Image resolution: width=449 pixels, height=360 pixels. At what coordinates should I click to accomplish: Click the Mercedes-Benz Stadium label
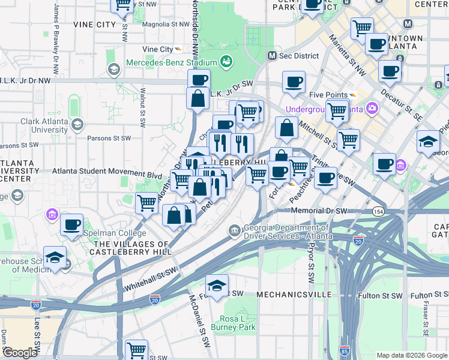pyautogui.click(x=171, y=63)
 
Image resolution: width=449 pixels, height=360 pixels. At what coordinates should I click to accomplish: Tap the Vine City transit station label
pyautogui.click(x=158, y=49)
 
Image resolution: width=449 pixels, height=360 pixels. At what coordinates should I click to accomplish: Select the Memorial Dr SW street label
pyautogui.click(x=319, y=211)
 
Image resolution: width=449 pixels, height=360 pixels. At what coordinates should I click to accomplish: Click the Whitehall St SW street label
pyautogui.click(x=151, y=280)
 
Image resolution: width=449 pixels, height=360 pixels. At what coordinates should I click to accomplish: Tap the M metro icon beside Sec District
pyautogui.click(x=272, y=56)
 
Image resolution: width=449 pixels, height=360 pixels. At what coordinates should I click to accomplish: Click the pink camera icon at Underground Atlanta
pyautogui.click(x=372, y=109)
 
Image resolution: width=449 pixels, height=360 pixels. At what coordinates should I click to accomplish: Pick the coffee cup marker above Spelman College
pyautogui.click(x=71, y=225)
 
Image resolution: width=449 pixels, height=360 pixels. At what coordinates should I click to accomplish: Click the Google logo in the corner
pyautogui.click(x=20, y=353)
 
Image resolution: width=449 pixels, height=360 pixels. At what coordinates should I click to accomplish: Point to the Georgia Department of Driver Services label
pyautogui.click(x=286, y=232)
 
